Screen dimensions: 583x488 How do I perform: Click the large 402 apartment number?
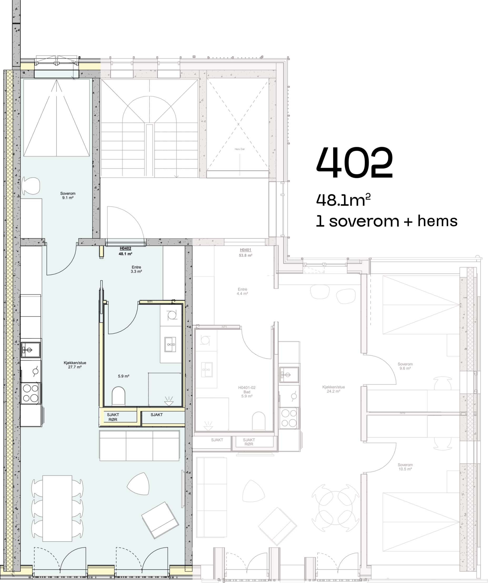point(354,163)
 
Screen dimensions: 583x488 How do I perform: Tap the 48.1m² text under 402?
point(343,200)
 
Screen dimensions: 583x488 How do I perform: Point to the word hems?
point(437,221)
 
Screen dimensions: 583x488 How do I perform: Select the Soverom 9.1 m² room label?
point(68,195)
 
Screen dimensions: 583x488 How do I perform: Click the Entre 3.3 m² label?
point(136,269)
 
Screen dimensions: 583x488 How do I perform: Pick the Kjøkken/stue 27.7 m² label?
point(75,365)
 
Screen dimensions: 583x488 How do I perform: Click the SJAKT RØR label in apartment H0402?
point(113,417)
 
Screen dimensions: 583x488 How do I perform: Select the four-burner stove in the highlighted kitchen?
point(31,393)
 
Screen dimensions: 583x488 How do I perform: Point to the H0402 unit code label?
point(125,249)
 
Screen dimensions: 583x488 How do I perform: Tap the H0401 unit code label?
point(245,250)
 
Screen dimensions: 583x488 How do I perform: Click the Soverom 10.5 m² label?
point(405,467)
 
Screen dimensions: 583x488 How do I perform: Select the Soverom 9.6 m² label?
point(405,366)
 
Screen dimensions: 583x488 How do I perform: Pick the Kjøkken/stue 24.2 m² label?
point(334,389)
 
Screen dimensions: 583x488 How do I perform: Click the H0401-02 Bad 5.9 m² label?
point(247,392)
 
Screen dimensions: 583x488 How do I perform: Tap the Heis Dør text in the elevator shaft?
point(240,149)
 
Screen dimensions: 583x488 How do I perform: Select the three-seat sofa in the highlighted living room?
point(139,445)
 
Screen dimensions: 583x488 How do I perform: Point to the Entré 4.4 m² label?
point(242,291)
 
